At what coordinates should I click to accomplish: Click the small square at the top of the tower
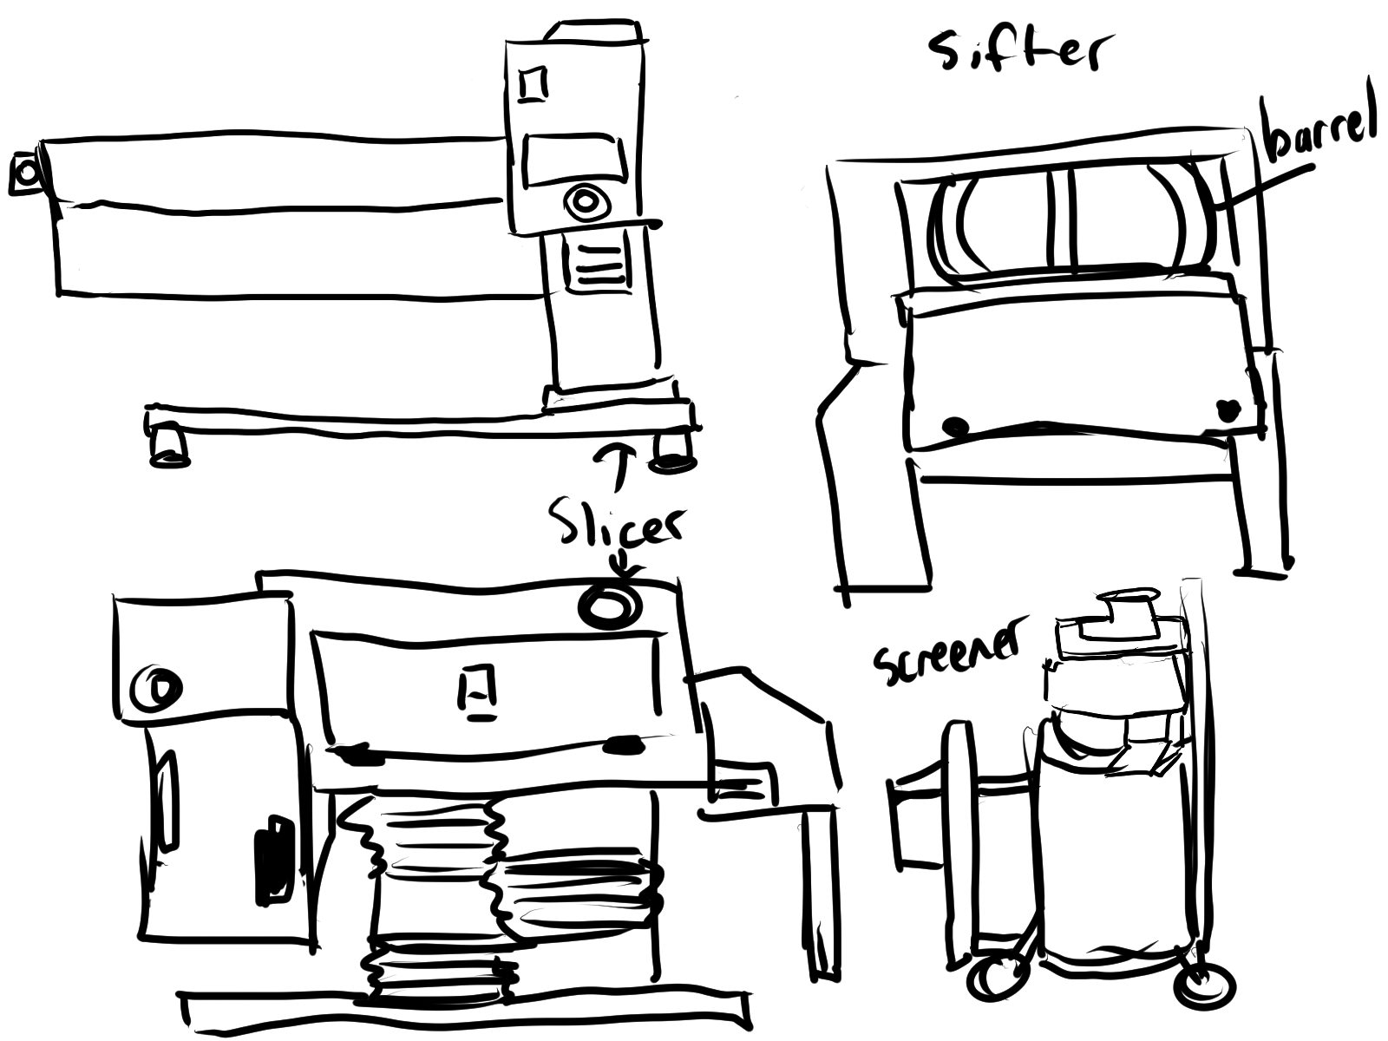(x=533, y=83)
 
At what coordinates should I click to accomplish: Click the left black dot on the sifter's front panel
(x=955, y=426)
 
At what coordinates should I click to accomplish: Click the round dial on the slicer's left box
(x=157, y=690)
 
